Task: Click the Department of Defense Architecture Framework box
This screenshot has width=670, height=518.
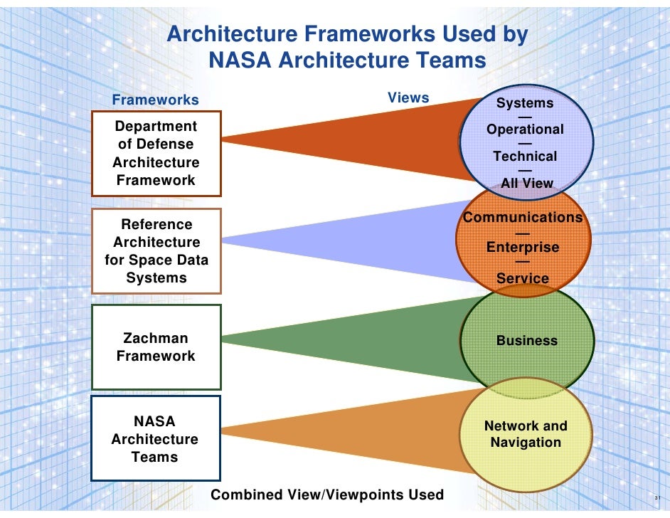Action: [x=156, y=153]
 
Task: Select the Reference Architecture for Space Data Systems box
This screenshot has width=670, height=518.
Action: [x=156, y=250]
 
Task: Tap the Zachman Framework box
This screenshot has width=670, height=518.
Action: [x=156, y=347]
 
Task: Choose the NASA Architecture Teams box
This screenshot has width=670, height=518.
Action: [x=155, y=438]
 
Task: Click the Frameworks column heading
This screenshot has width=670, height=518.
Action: [x=155, y=100]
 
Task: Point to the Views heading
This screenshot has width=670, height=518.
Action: [x=408, y=97]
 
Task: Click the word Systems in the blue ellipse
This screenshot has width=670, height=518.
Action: [x=525, y=103]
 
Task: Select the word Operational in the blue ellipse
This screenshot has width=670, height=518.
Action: [x=525, y=129]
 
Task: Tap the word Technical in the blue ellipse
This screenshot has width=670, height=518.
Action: [x=525, y=157]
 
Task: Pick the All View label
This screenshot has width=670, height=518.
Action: [x=526, y=183]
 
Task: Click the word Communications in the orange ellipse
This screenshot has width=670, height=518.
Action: [x=523, y=217]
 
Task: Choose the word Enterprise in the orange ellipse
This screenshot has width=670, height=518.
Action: [x=523, y=248]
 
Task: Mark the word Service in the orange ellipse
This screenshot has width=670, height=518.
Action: [x=523, y=278]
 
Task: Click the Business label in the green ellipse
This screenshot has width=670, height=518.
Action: [x=527, y=341]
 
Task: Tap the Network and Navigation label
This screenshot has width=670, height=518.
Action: [x=526, y=434]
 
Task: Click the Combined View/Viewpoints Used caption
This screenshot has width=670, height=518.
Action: [x=327, y=495]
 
